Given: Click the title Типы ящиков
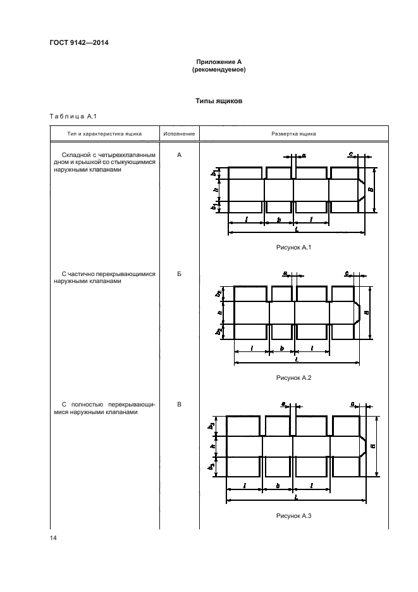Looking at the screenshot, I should (218, 101).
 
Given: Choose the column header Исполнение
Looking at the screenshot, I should (179, 134).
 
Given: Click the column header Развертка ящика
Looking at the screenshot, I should (293, 134).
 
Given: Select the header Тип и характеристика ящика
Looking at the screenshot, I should (104, 134).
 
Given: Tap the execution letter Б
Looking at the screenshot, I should (179, 274).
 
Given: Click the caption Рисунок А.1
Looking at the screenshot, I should (293, 247).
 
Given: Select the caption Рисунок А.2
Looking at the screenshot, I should (293, 378).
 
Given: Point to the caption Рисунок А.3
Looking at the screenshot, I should (293, 516).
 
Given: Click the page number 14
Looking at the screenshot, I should (52, 538).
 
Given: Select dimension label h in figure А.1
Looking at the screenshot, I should (216, 189).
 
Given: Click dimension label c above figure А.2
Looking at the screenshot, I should (348, 273).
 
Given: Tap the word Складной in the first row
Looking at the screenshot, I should (75, 155).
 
